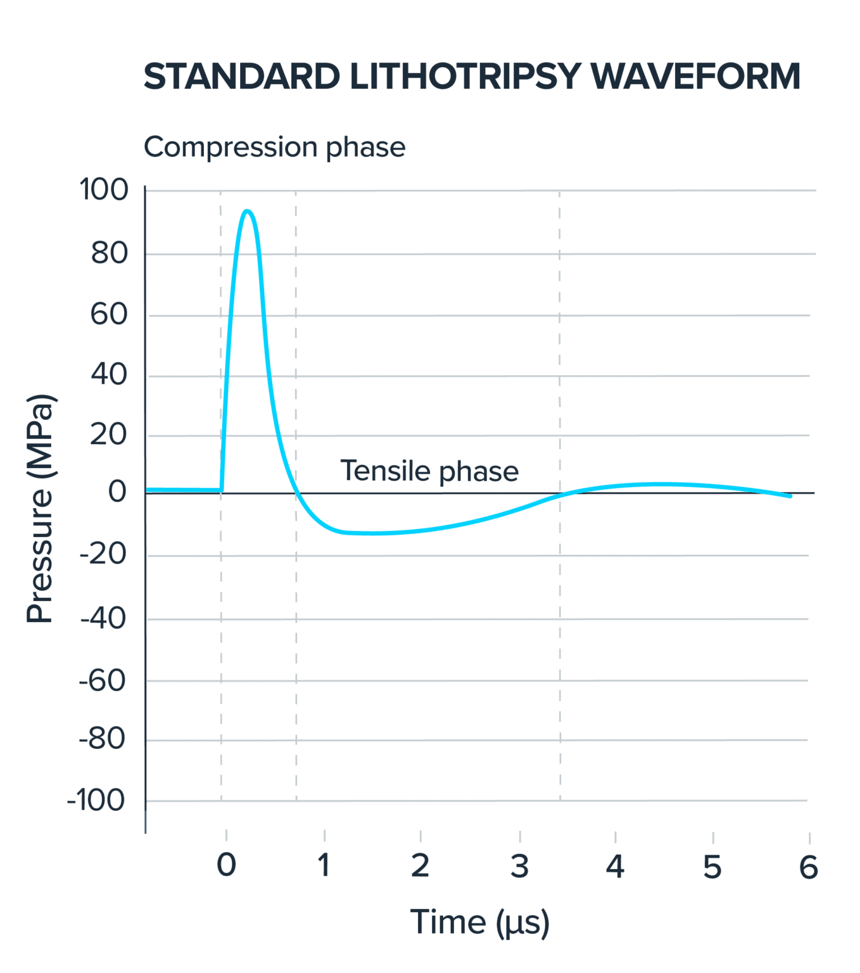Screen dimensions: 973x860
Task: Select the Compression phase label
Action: click(x=274, y=148)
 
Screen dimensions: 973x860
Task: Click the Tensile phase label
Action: click(x=429, y=471)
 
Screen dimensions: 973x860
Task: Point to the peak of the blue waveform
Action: click(x=248, y=211)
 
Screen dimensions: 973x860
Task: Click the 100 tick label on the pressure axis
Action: click(x=103, y=189)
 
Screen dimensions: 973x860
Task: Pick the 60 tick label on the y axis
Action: click(x=109, y=314)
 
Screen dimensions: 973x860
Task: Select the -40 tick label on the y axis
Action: click(x=103, y=619)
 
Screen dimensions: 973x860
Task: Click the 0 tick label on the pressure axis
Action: click(x=117, y=492)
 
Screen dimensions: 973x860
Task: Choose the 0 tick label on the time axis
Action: click(x=226, y=866)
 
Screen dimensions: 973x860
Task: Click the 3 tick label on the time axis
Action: click(x=519, y=866)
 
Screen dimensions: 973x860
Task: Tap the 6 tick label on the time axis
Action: click(x=809, y=866)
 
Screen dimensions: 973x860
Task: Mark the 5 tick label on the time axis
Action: click(x=712, y=866)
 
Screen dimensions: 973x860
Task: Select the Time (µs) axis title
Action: click(x=479, y=922)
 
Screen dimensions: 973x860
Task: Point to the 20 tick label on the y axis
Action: click(x=109, y=435)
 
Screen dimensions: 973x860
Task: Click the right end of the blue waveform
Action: click(x=790, y=496)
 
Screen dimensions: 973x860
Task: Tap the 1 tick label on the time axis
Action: click(x=324, y=866)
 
